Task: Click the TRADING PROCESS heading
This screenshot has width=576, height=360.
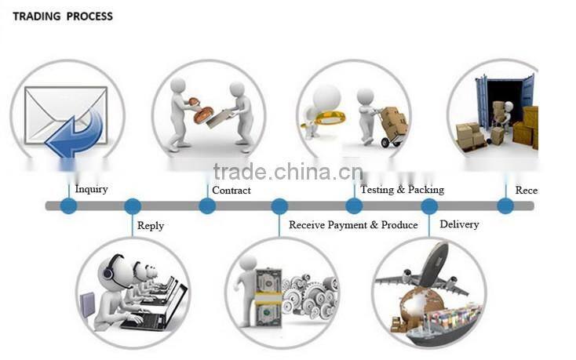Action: pyautogui.click(x=63, y=16)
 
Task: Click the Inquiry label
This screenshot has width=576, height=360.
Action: pyautogui.click(x=91, y=189)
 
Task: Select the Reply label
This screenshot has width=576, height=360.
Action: pyautogui.click(x=151, y=226)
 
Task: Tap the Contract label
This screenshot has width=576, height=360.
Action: pyautogui.click(x=231, y=190)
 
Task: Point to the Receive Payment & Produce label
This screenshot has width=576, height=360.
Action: pyautogui.click(x=353, y=225)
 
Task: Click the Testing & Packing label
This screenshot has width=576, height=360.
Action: pyautogui.click(x=402, y=190)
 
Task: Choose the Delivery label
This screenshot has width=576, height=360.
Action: pyautogui.click(x=459, y=224)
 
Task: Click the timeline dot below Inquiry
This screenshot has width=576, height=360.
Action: pyautogui.click(x=69, y=206)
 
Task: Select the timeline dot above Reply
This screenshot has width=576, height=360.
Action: pyautogui.click(x=133, y=206)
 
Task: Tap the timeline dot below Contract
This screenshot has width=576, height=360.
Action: pyautogui.click(x=207, y=206)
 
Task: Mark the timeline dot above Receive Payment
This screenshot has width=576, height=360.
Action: pyautogui.click(x=279, y=206)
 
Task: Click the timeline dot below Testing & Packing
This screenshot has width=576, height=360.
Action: pyautogui.click(x=354, y=206)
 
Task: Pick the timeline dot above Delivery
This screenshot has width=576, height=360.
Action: pyautogui.click(x=429, y=206)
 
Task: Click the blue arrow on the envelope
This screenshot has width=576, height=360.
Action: pyautogui.click(x=76, y=132)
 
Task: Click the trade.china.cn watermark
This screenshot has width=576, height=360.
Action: pyautogui.click(x=287, y=172)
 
